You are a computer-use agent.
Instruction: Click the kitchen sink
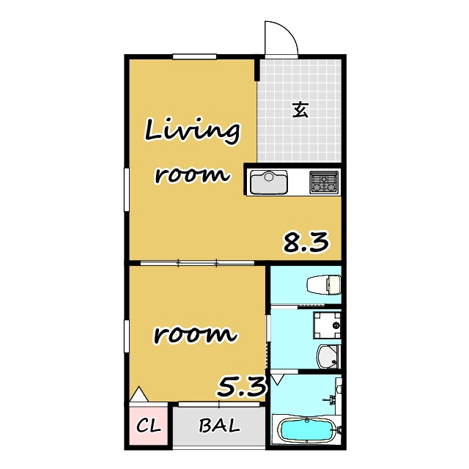coord(269,182)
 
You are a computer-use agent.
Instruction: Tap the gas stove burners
coord(324,182)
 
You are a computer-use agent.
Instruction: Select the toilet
coord(324,285)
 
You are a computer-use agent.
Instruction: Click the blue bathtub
coord(306,429)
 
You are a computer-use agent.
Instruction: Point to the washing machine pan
coord(327,325)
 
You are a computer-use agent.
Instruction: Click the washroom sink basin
coord(328,357)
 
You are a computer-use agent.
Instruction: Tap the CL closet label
coord(149,425)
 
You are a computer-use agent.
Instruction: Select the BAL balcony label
coord(219,425)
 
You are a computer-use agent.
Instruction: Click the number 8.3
coord(306,242)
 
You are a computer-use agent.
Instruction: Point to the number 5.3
coord(241,386)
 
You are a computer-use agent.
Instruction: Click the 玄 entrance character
coord(300,110)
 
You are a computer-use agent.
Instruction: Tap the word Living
coord(192,131)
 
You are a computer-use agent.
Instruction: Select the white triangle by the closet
coord(139,394)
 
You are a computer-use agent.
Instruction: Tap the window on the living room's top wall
coord(194,57)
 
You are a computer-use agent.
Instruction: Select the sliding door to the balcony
coord(219,405)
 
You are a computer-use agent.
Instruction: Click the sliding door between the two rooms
coord(197,263)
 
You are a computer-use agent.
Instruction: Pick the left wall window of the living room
coord(127,190)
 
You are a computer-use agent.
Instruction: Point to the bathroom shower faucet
coord(332,399)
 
